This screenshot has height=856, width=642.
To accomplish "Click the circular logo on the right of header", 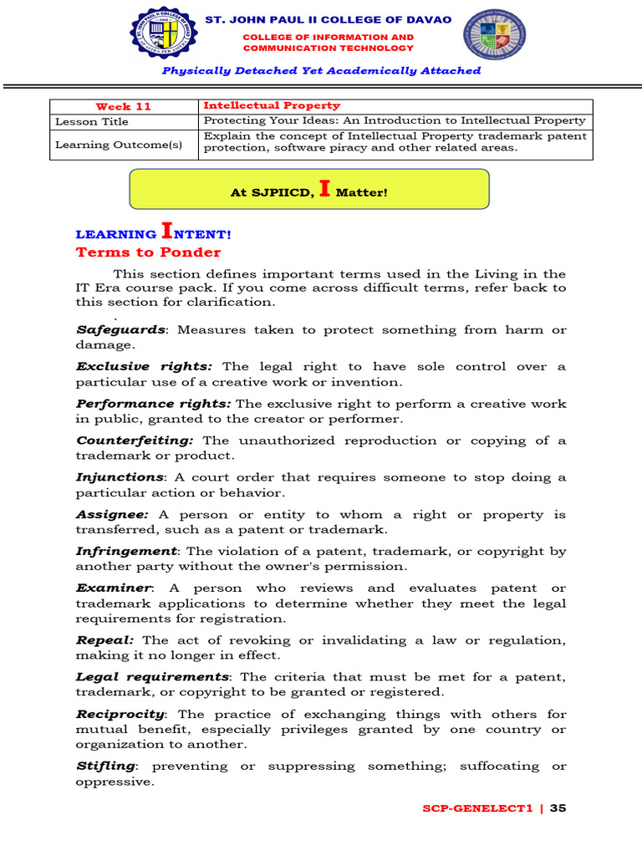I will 496,36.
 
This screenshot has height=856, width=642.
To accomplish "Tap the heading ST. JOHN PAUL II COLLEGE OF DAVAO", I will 329,19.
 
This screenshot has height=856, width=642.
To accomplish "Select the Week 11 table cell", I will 123,106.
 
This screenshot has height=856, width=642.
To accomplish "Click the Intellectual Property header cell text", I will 272,105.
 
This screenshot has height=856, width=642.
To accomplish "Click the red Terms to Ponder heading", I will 148,252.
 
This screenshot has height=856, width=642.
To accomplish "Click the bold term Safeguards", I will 120,330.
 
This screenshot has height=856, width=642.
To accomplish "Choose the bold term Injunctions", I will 120,477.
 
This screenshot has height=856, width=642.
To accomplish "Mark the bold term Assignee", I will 112,515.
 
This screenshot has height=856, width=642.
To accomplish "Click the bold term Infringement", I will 126,552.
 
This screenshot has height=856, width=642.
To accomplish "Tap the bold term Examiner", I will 114,588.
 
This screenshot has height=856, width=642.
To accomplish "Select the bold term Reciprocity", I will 120,715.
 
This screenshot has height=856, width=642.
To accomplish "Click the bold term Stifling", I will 105,767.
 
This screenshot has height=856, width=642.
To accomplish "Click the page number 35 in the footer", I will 558,808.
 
